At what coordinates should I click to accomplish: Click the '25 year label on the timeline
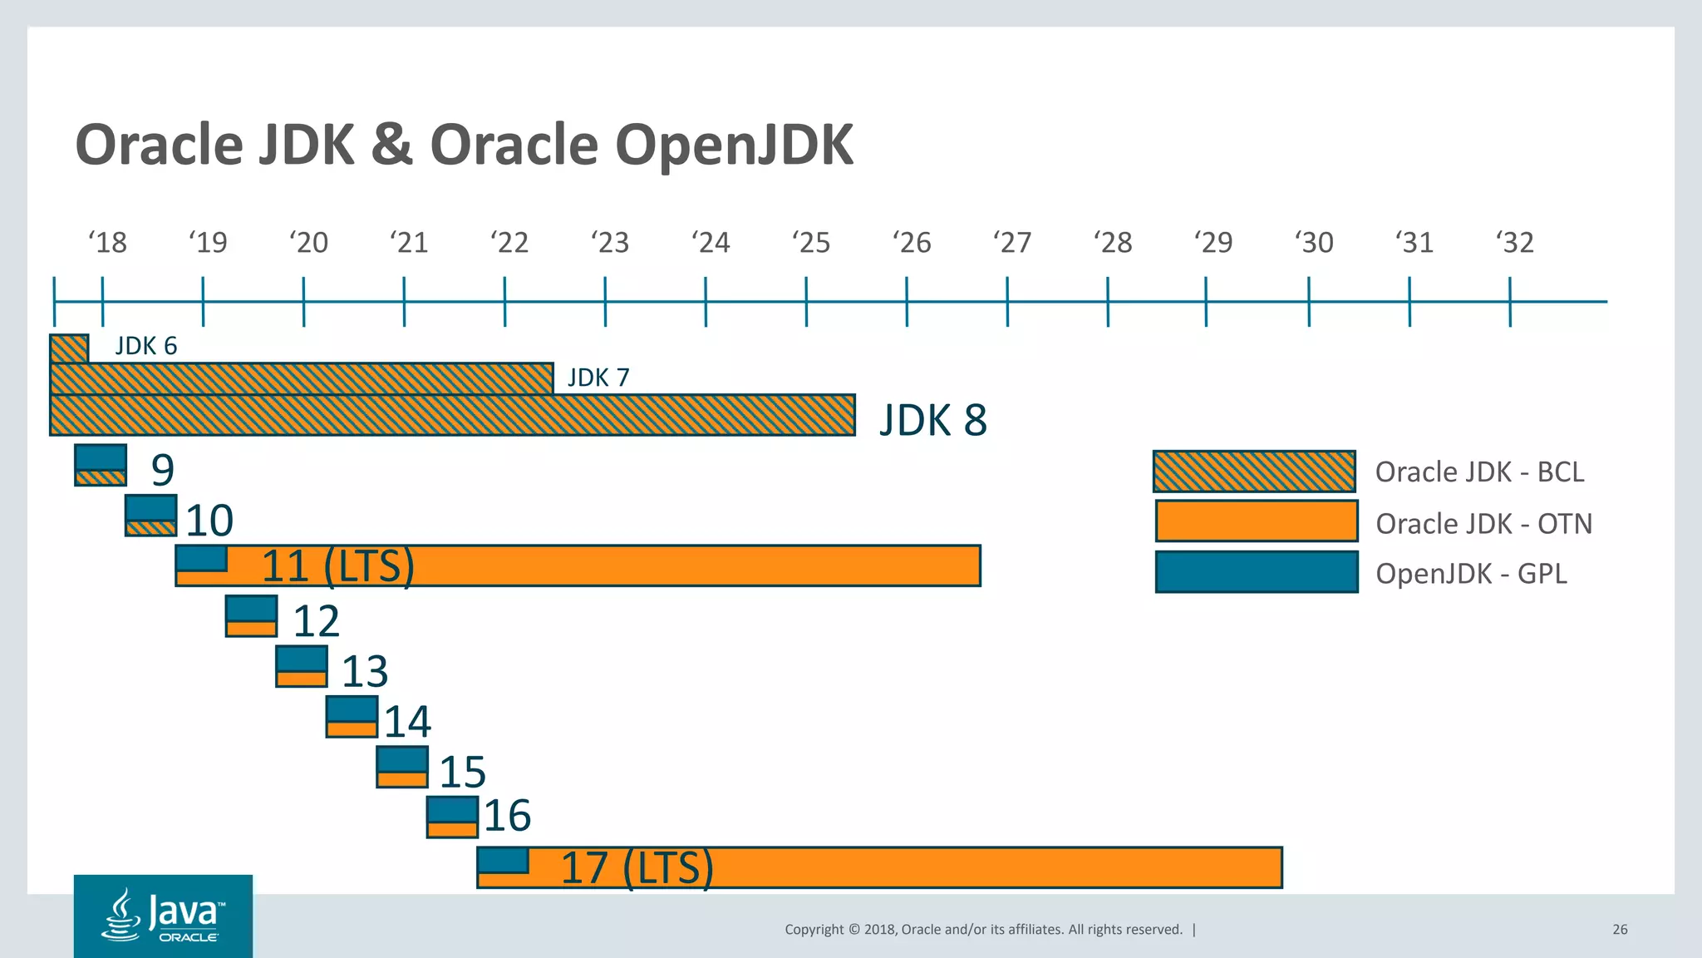tap(811, 243)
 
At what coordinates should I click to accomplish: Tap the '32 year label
tap(1515, 243)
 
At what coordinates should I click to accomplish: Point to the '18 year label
tap(107, 243)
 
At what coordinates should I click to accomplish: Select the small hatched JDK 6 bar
tap(69, 348)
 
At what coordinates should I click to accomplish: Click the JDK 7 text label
tap(598, 378)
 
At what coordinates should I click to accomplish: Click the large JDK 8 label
tap(933, 420)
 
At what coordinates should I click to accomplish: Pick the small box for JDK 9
tap(101, 465)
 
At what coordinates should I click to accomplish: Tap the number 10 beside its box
tap(209, 521)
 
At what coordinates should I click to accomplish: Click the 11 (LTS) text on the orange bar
tap(337, 566)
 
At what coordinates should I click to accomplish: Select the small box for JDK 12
tap(251, 616)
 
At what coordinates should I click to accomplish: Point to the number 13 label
tap(365, 671)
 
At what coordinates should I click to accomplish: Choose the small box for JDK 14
tap(352, 717)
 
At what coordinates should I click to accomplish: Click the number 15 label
tap(462, 772)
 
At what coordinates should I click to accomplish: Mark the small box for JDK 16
tap(452, 817)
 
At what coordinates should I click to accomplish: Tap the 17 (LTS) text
tap(637, 867)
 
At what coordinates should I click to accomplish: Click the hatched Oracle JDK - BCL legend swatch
tap(1254, 472)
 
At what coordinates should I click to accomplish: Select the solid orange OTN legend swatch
tap(1256, 521)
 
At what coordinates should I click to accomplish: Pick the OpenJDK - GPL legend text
tap(1471, 574)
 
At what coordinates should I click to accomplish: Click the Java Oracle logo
tap(163, 916)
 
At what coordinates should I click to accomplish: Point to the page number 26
tap(1620, 929)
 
